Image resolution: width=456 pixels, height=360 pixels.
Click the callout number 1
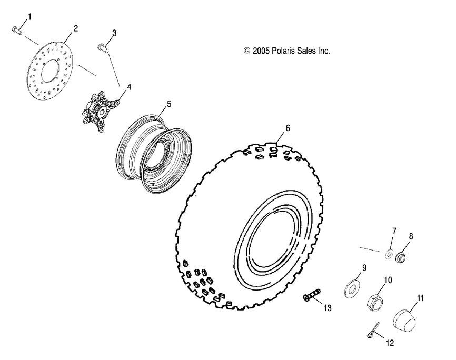tap(29, 17)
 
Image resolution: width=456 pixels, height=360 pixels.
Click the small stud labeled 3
tap(102, 48)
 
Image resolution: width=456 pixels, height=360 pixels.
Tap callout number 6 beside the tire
tap(288, 128)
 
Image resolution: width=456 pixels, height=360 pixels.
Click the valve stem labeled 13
tap(313, 297)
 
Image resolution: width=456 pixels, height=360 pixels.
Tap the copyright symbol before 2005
tap(246, 51)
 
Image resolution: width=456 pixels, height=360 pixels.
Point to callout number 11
tap(420, 298)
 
